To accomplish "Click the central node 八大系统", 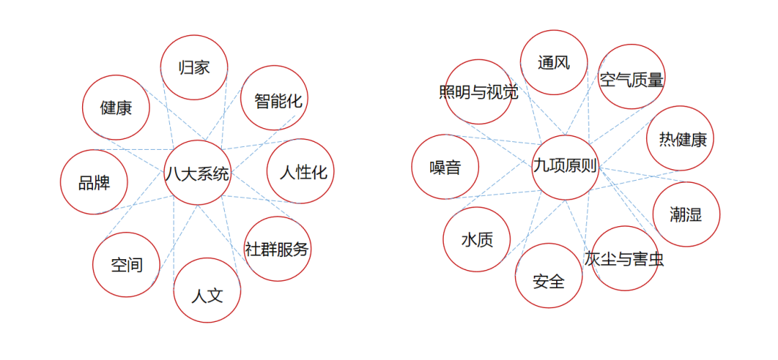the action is tap(197, 174).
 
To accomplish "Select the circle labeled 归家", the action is tap(194, 68).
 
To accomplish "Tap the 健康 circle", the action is tap(116, 108).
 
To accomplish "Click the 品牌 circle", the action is tap(94, 182).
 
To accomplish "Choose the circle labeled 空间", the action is tap(126, 264).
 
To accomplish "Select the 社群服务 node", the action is tap(277, 249).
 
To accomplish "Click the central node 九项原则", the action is tap(565, 167).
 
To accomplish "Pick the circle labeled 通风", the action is tap(553, 63).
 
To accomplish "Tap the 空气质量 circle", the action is tap(631, 78).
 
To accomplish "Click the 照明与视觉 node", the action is tap(478, 92).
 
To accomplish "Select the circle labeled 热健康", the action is tap(680, 139).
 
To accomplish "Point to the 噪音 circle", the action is tap(445, 167).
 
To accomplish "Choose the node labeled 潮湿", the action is tap(685, 214).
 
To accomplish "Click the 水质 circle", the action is tap(477, 240).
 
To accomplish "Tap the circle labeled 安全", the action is tap(549, 278).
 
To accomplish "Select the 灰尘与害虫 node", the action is tap(624, 258).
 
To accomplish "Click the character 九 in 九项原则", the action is tap(540, 167).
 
